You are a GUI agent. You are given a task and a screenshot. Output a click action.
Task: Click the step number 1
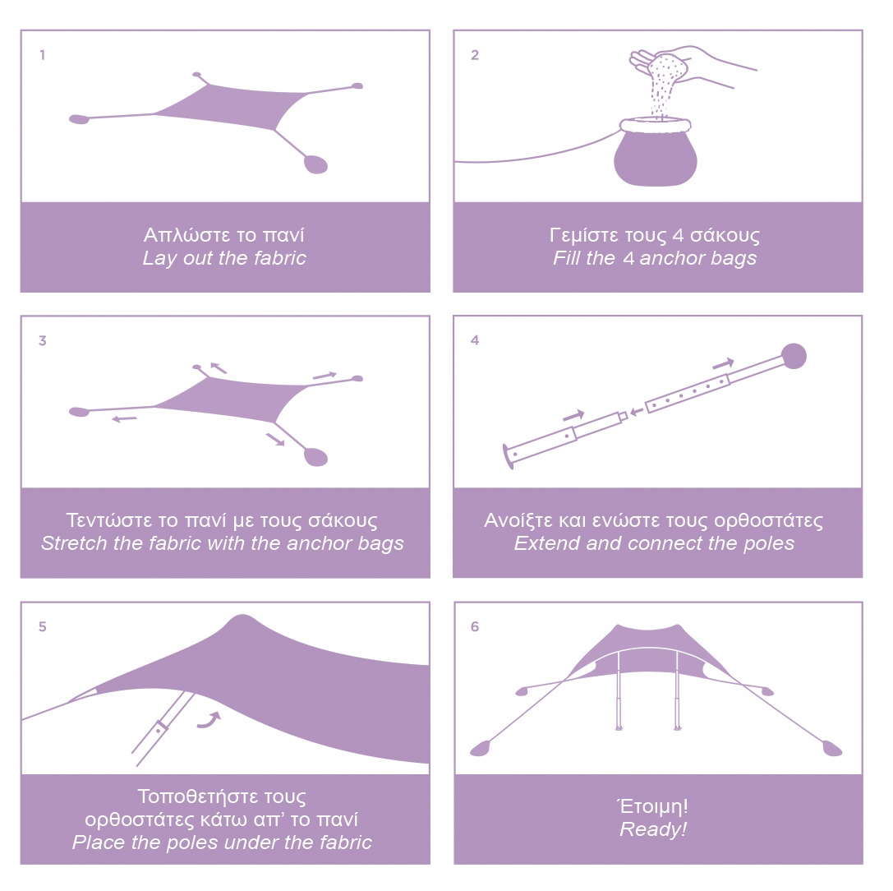click(42, 55)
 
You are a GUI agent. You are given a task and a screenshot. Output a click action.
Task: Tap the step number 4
click(475, 340)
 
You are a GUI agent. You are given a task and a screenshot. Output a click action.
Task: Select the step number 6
click(475, 626)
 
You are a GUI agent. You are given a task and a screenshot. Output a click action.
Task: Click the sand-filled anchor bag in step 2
click(656, 153)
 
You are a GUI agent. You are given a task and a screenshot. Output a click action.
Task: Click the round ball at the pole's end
click(794, 356)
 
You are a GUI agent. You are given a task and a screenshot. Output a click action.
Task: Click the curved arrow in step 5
click(209, 720)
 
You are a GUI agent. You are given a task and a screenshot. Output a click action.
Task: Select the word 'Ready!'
click(653, 829)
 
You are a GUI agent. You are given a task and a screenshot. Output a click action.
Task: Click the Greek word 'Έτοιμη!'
click(652, 806)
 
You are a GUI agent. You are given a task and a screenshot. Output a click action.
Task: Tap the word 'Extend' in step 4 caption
click(547, 543)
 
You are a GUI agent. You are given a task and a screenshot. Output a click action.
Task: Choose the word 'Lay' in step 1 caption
click(159, 258)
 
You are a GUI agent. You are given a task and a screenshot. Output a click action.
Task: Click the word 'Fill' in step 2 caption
click(567, 257)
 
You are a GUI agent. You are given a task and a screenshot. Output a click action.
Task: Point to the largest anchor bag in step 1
click(315, 164)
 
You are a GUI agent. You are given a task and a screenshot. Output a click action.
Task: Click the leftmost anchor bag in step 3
click(79, 411)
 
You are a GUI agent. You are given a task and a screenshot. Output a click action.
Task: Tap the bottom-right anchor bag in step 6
click(833, 749)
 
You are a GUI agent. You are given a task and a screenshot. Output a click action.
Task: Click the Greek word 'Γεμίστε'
click(584, 235)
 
